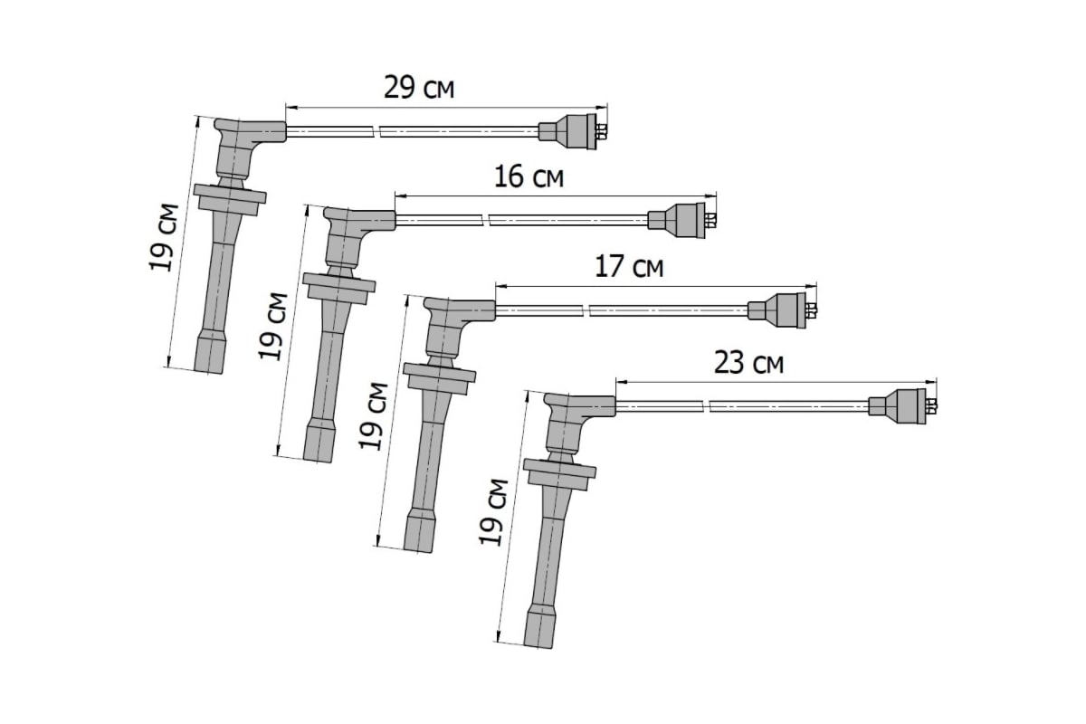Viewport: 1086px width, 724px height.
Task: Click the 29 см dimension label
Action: (419, 88)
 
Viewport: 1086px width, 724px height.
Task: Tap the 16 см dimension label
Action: (529, 177)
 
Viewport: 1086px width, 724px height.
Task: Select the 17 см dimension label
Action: (629, 267)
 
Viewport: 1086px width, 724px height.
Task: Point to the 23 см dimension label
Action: (748, 363)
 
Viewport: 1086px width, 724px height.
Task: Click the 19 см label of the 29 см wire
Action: (163, 237)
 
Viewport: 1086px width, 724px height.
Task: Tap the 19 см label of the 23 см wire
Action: (493, 512)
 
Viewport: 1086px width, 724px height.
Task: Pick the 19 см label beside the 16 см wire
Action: (272, 327)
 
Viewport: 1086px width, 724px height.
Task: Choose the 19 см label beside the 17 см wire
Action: (373, 416)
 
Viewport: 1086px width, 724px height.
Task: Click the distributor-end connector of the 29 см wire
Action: (573, 131)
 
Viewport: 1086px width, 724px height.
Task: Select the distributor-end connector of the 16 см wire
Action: (682, 221)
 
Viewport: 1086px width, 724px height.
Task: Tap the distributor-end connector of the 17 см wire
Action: (783, 310)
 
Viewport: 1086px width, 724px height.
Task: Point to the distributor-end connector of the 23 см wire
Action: (903, 405)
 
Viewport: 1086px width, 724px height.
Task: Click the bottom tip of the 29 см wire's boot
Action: (208, 372)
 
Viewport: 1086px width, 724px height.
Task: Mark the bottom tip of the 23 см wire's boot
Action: (538, 646)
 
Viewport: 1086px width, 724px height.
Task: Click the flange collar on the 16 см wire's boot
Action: (338, 289)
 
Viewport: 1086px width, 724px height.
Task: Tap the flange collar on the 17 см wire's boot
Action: (439, 378)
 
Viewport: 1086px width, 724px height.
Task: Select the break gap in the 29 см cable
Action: (376, 131)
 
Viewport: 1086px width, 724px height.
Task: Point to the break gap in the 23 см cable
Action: (707, 406)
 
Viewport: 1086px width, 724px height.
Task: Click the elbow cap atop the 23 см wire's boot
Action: (580, 405)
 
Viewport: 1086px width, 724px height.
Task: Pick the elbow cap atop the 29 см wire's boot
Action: (250, 131)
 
